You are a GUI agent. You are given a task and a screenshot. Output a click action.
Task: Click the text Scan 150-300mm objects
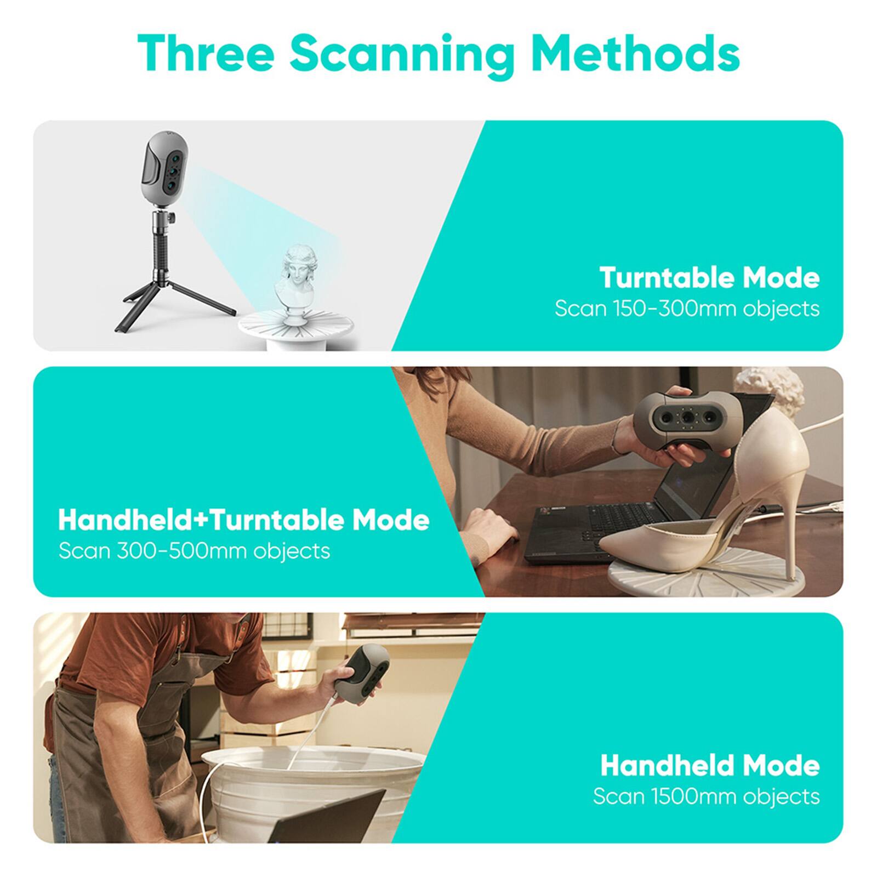(x=687, y=309)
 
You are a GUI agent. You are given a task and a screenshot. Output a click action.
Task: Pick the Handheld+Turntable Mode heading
(x=243, y=520)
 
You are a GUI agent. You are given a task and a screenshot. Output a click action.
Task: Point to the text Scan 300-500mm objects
(x=194, y=550)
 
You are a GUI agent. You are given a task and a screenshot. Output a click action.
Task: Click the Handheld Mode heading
(x=709, y=765)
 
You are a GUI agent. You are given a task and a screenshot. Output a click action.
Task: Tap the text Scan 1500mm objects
(x=706, y=796)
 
